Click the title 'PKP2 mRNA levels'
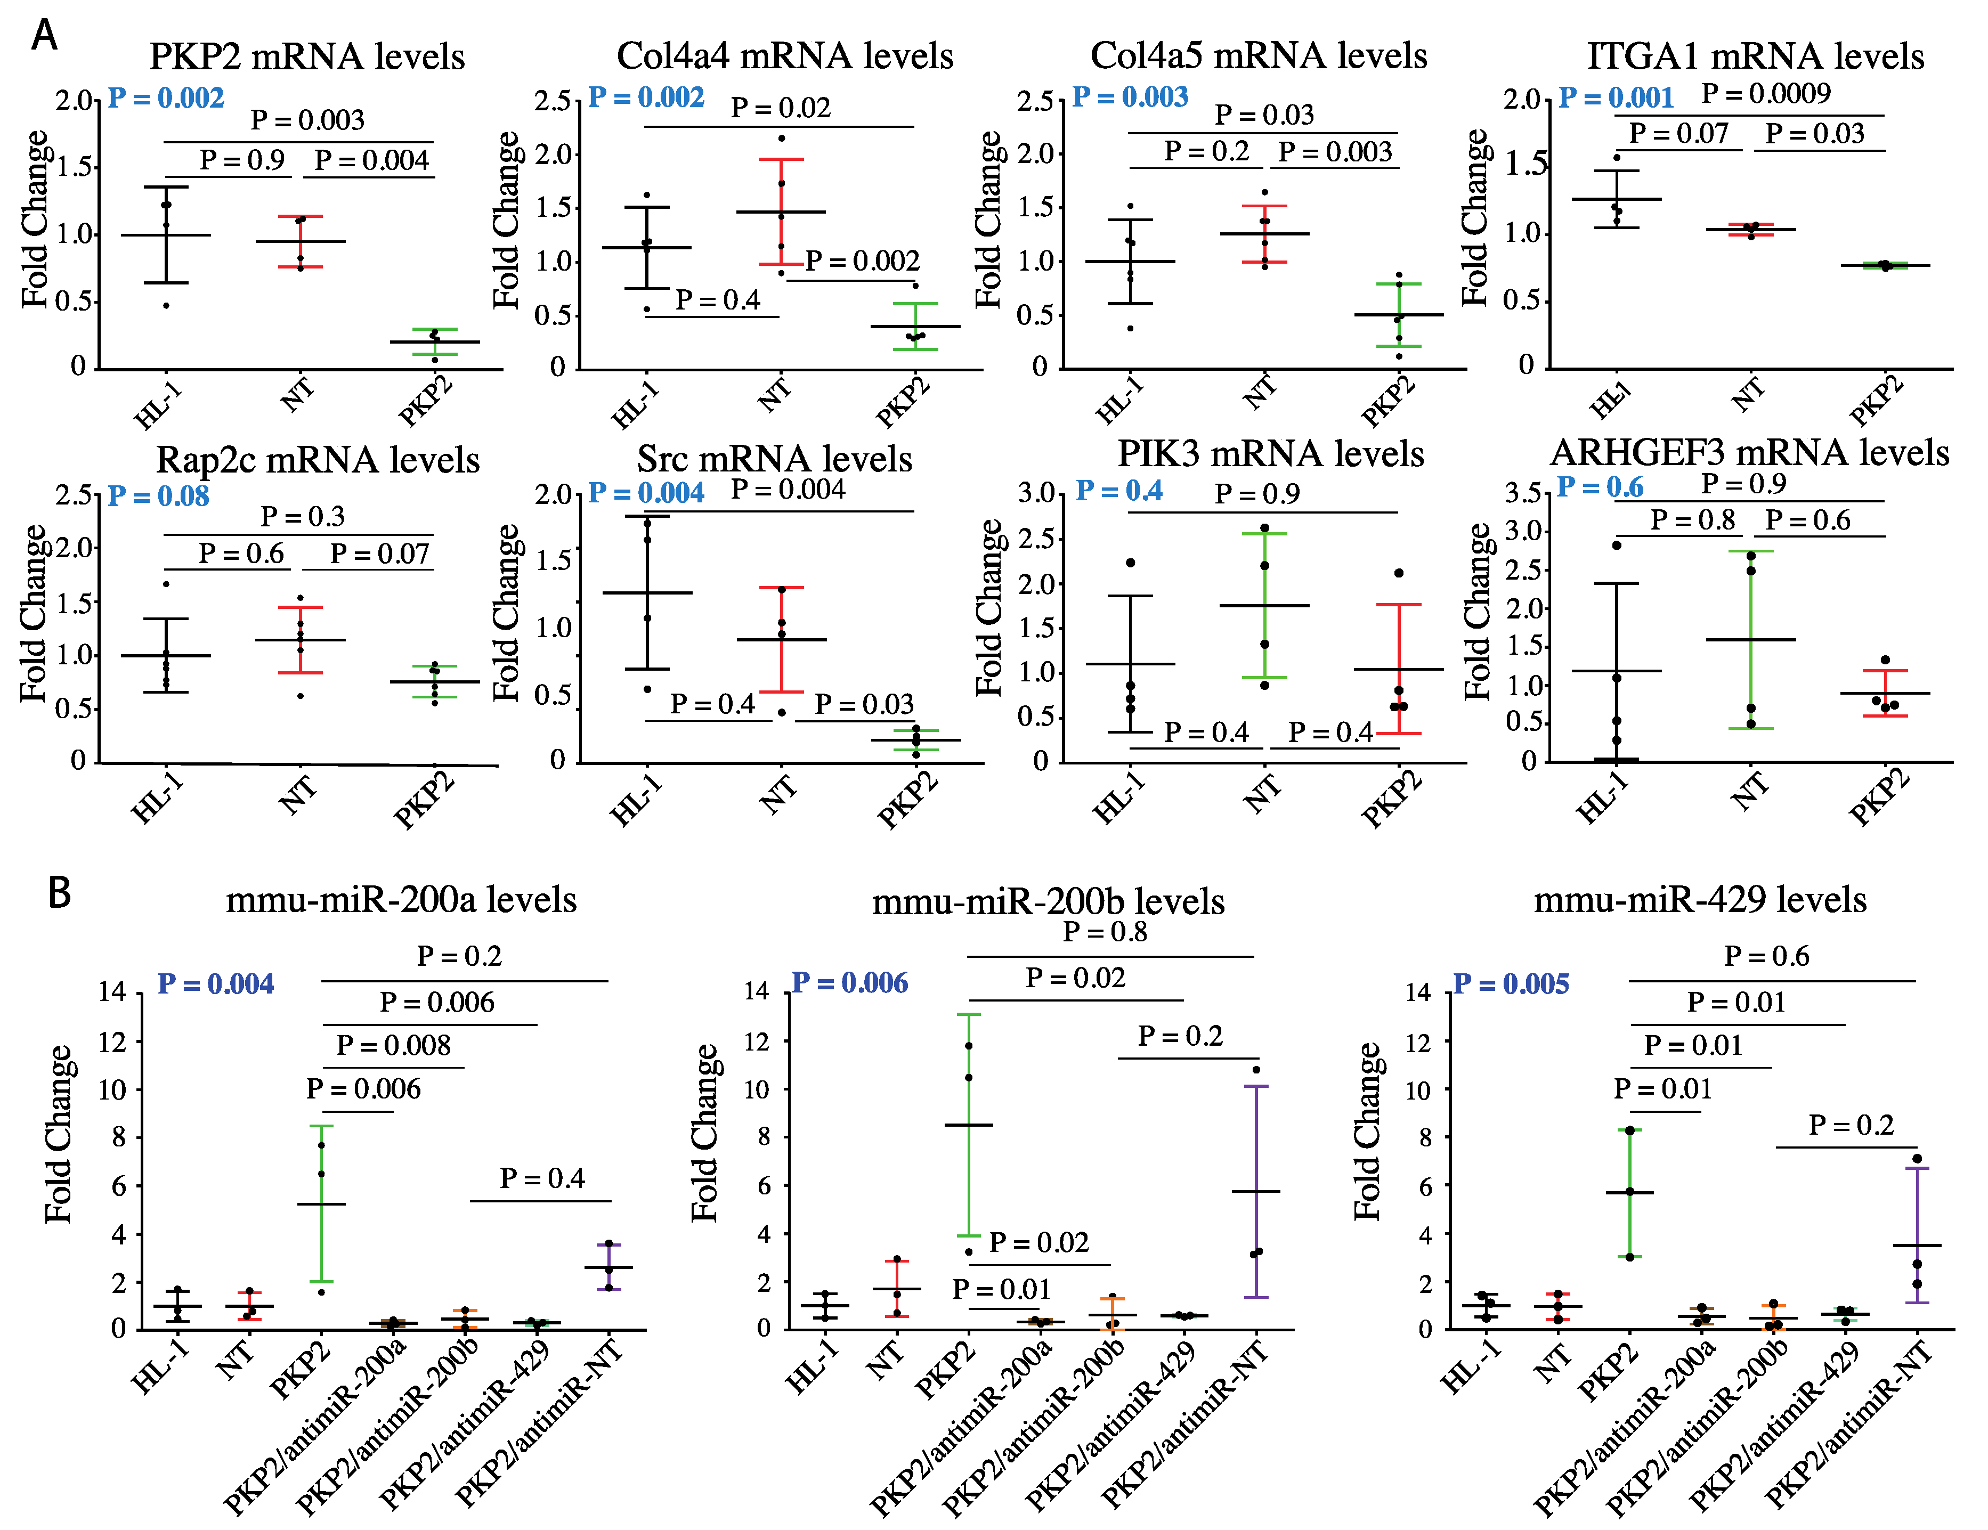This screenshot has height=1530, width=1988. pyautogui.click(x=307, y=56)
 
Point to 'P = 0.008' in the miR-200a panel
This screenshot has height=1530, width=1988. pyautogui.click(x=393, y=1045)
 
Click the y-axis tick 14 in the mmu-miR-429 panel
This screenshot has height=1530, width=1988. pyautogui.click(x=1418, y=991)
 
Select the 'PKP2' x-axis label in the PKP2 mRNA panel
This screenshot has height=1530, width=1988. pyautogui.click(x=426, y=401)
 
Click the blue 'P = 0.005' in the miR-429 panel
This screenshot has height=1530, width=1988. pyautogui.click(x=1511, y=984)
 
